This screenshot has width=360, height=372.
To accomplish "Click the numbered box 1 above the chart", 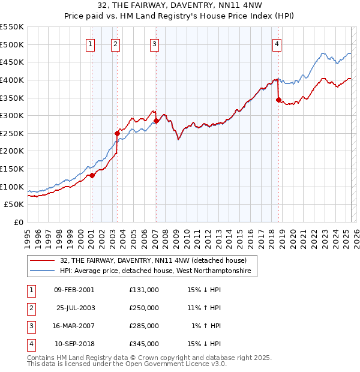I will (90, 43).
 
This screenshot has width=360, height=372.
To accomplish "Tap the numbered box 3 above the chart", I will (154, 43).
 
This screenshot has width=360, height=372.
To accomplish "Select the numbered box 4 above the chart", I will (277, 43).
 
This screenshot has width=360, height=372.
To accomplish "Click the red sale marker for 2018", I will (279, 100).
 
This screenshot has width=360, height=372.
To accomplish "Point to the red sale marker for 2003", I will (118, 133).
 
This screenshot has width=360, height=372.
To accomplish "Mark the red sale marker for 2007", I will (156, 121).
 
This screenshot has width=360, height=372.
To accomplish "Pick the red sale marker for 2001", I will (92, 175).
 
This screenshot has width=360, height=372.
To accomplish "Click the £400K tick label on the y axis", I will (12, 80).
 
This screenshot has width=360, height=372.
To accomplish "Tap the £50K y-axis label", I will (14, 205).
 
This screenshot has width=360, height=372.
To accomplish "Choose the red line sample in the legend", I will (43, 261).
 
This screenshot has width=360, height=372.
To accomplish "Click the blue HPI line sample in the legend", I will (43, 271).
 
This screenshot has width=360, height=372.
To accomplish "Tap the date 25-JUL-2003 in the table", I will (76, 308).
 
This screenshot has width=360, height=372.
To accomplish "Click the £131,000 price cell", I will (144, 290).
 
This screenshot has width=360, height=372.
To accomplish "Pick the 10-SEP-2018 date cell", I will (76, 344).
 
